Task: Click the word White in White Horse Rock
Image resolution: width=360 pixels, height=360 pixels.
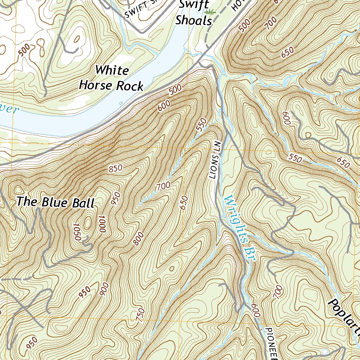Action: (112, 70)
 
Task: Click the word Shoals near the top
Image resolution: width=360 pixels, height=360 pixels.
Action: (194, 20)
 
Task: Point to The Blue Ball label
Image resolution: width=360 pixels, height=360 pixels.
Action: (56, 202)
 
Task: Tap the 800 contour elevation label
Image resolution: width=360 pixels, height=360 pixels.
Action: (139, 239)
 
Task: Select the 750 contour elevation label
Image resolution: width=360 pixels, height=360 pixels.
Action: (140, 314)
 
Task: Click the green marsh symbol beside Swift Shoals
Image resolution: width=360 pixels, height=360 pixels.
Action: (210, 12)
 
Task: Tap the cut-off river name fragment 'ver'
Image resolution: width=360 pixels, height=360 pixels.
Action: (8, 110)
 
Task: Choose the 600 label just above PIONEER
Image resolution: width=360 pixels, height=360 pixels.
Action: (256, 310)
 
